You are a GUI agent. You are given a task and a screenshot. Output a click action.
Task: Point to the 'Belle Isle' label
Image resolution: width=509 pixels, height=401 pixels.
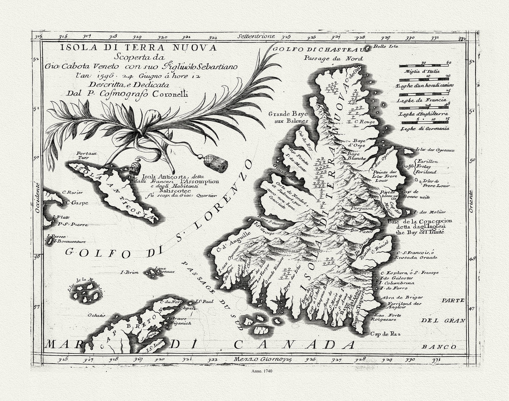(383, 46)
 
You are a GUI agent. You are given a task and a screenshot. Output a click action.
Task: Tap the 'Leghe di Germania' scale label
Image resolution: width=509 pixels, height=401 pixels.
(425, 129)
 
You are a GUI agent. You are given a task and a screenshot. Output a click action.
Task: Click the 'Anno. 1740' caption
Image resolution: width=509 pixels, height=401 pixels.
(255, 371)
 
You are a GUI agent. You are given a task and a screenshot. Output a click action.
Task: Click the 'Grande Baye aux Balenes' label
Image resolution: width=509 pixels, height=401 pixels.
(288, 117)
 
